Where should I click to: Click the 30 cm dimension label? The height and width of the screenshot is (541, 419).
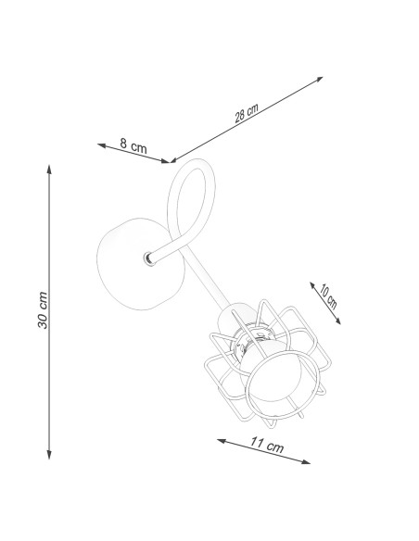(43, 309)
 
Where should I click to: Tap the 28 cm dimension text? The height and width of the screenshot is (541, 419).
(247, 113)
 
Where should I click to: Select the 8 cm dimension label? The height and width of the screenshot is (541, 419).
(133, 145)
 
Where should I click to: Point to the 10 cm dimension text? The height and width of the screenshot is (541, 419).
(327, 296)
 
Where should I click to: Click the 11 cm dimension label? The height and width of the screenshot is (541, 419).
(267, 445)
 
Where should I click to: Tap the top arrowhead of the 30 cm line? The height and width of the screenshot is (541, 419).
(49, 169)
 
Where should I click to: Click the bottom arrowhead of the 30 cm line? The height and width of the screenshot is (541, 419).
(49, 456)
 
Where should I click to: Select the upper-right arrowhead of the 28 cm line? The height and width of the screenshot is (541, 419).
(319, 79)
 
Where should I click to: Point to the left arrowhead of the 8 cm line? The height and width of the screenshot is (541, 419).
(101, 145)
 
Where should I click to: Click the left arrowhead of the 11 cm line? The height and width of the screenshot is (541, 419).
(222, 441)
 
